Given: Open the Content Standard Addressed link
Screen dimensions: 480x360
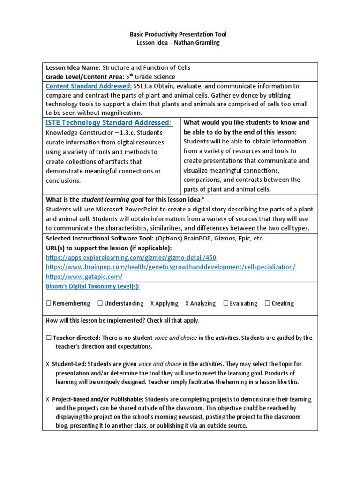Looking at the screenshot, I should coord(89,86).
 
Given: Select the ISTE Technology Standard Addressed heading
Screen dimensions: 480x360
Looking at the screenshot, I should coord(109,123).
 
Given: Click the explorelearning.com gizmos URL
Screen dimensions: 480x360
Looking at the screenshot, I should coord(131,258).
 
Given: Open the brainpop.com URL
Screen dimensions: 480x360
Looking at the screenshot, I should coord(171,267).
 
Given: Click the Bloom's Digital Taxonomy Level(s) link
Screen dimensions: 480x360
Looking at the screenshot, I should coord(92,286).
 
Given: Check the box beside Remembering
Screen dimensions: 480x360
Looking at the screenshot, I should coord(48,303).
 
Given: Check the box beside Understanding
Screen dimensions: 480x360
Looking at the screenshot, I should coord(100,303).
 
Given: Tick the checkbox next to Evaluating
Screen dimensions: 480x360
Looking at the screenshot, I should coord(226,303).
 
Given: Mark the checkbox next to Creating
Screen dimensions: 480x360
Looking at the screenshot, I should coord(267,303).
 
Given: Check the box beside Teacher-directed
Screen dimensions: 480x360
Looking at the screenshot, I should coord(48,338).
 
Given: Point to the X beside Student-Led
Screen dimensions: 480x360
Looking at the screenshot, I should coord(48,364).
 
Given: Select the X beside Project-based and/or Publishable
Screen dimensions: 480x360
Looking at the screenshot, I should coord(48,400).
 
